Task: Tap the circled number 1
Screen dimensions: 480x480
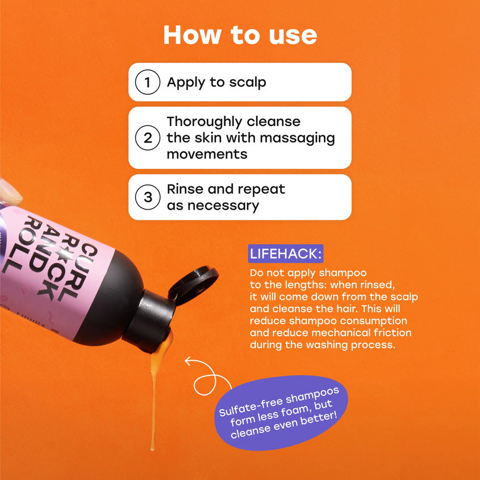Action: click(x=148, y=82)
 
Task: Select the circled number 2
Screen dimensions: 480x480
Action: click(x=148, y=138)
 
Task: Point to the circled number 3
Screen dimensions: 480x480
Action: click(x=148, y=197)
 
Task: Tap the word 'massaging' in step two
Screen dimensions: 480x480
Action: click(x=297, y=139)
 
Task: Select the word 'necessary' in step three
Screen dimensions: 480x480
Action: click(x=223, y=206)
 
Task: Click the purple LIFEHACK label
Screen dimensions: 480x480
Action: click(x=286, y=253)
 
